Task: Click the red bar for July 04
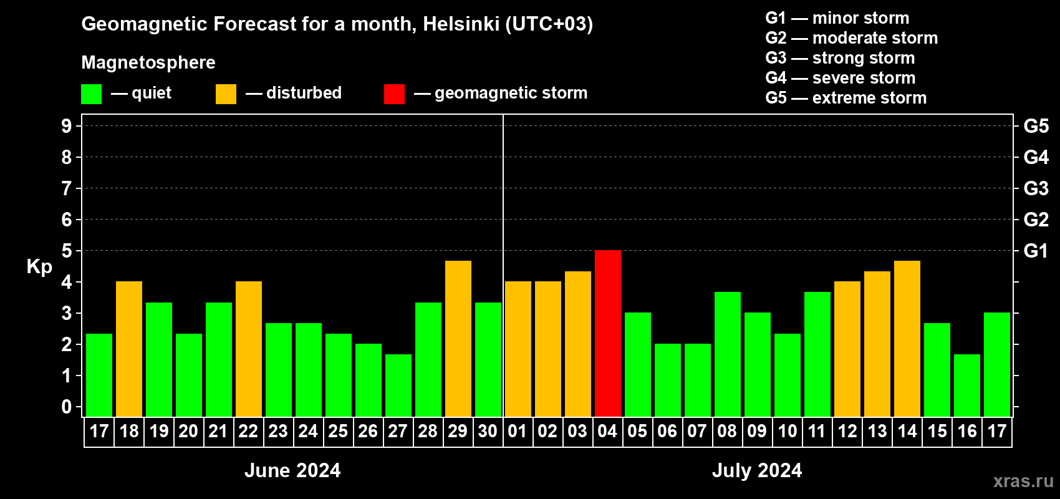[608, 333]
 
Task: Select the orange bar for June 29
[458, 338]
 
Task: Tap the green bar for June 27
[398, 385]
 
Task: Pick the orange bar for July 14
[907, 338]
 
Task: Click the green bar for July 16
[967, 385]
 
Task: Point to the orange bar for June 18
[129, 349]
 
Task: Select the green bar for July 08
[728, 354]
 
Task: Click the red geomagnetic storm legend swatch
[394, 94]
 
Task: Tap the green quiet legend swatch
[92, 94]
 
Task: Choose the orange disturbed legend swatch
[226, 94]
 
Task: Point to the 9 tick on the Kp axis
[67, 126]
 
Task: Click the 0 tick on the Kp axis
[67, 407]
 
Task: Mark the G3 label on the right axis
[1036, 188]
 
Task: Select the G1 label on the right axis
[1036, 251]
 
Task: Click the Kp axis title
[39, 267]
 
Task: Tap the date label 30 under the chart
[488, 431]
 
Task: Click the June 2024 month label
[292, 470]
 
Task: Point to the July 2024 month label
[757, 470]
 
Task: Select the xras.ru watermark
[1023, 481]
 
